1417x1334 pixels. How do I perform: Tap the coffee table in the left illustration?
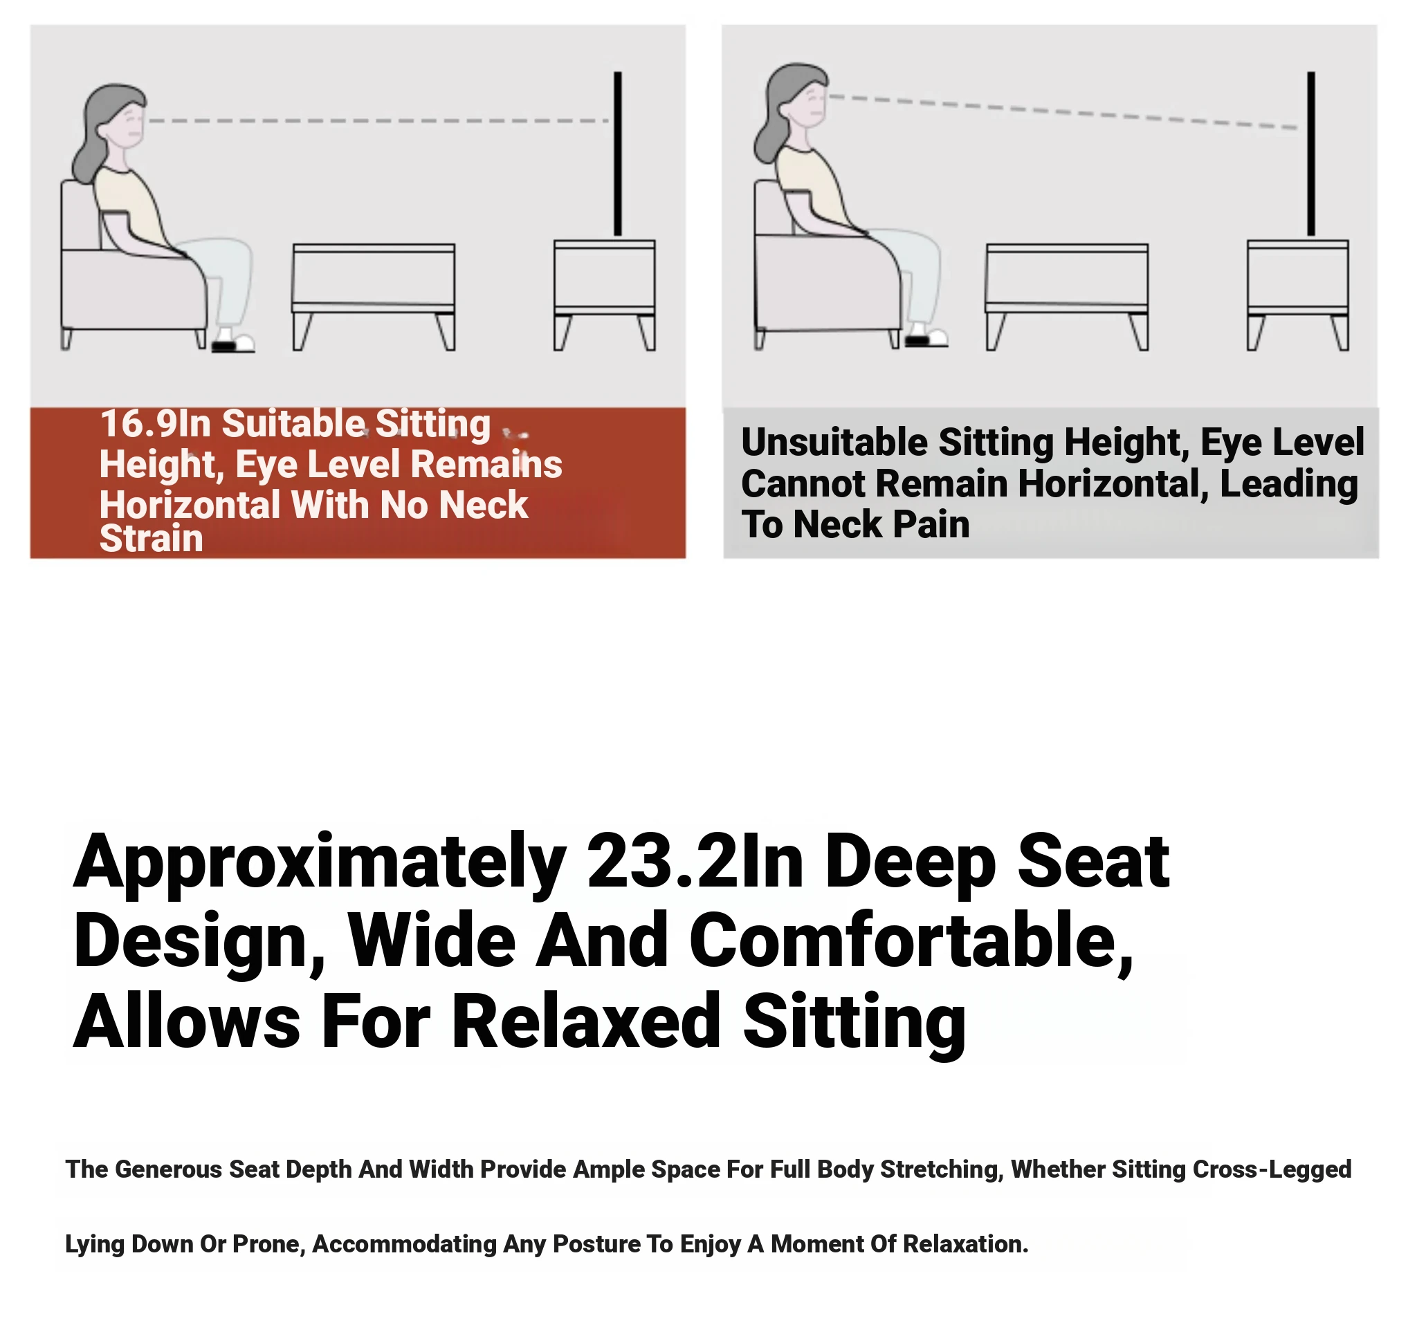[374, 297]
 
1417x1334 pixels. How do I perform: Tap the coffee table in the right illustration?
[1067, 297]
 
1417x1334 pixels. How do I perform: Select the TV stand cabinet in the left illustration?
[605, 295]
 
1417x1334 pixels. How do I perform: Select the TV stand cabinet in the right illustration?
[1298, 295]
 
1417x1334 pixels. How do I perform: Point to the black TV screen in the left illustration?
[618, 154]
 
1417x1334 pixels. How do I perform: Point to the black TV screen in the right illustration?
[1312, 154]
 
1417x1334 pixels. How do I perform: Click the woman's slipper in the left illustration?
[233, 342]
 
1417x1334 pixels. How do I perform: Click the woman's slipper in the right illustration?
[926, 337]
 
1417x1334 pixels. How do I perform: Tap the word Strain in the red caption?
[151, 539]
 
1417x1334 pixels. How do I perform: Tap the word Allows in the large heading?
[186, 1022]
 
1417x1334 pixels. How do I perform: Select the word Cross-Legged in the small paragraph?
[1272, 1169]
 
